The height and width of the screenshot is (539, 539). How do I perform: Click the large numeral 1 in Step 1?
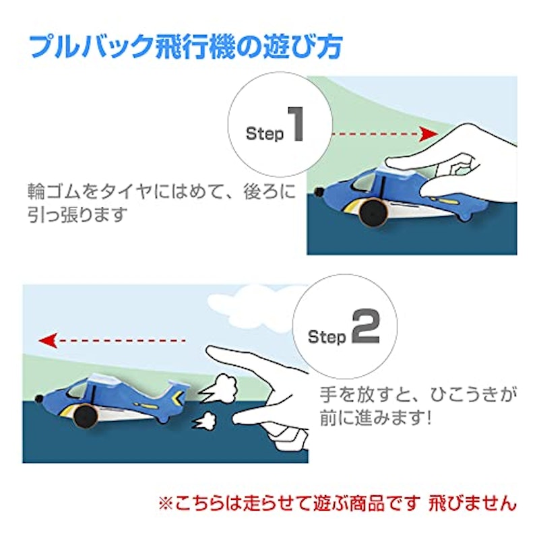[x=296, y=124]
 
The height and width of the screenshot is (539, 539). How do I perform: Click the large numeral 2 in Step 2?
[x=365, y=326]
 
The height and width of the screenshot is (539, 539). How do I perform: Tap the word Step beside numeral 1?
[x=265, y=133]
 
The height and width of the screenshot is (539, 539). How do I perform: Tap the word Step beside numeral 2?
[x=327, y=337]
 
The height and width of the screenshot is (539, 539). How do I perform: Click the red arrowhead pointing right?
[x=429, y=133]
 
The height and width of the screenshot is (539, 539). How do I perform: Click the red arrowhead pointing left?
[x=48, y=340]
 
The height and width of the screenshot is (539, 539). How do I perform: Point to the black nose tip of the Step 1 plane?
[x=319, y=191]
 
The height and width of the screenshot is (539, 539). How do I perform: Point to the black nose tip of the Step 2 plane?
[x=39, y=399]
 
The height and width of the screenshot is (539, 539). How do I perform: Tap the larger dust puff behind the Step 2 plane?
[x=220, y=387]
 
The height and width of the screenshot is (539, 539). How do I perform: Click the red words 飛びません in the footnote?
[x=472, y=503]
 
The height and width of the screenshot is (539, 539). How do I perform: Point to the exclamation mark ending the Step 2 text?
[x=429, y=418]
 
